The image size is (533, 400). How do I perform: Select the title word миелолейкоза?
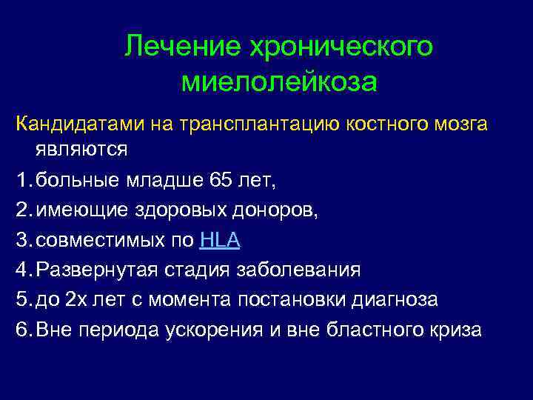coord(278,81)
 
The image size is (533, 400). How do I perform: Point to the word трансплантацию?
coord(260,122)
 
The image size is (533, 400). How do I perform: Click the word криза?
coord(455,330)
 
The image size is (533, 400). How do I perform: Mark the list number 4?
coord(22,270)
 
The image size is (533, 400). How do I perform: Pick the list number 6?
coord(22,330)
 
